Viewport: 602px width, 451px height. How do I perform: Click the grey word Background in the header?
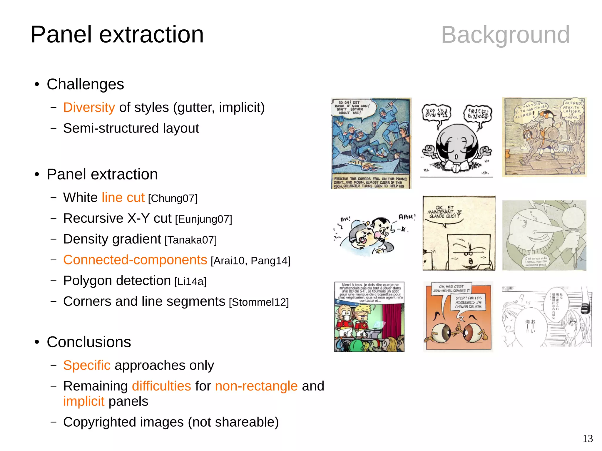coord(505,35)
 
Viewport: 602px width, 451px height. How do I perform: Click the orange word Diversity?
coord(89,108)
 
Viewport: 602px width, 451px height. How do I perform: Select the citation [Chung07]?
coord(173,199)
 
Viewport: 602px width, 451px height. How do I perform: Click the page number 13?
coord(587,439)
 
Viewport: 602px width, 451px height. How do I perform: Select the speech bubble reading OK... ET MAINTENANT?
coord(444,212)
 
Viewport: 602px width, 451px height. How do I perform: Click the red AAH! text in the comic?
coord(407,217)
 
